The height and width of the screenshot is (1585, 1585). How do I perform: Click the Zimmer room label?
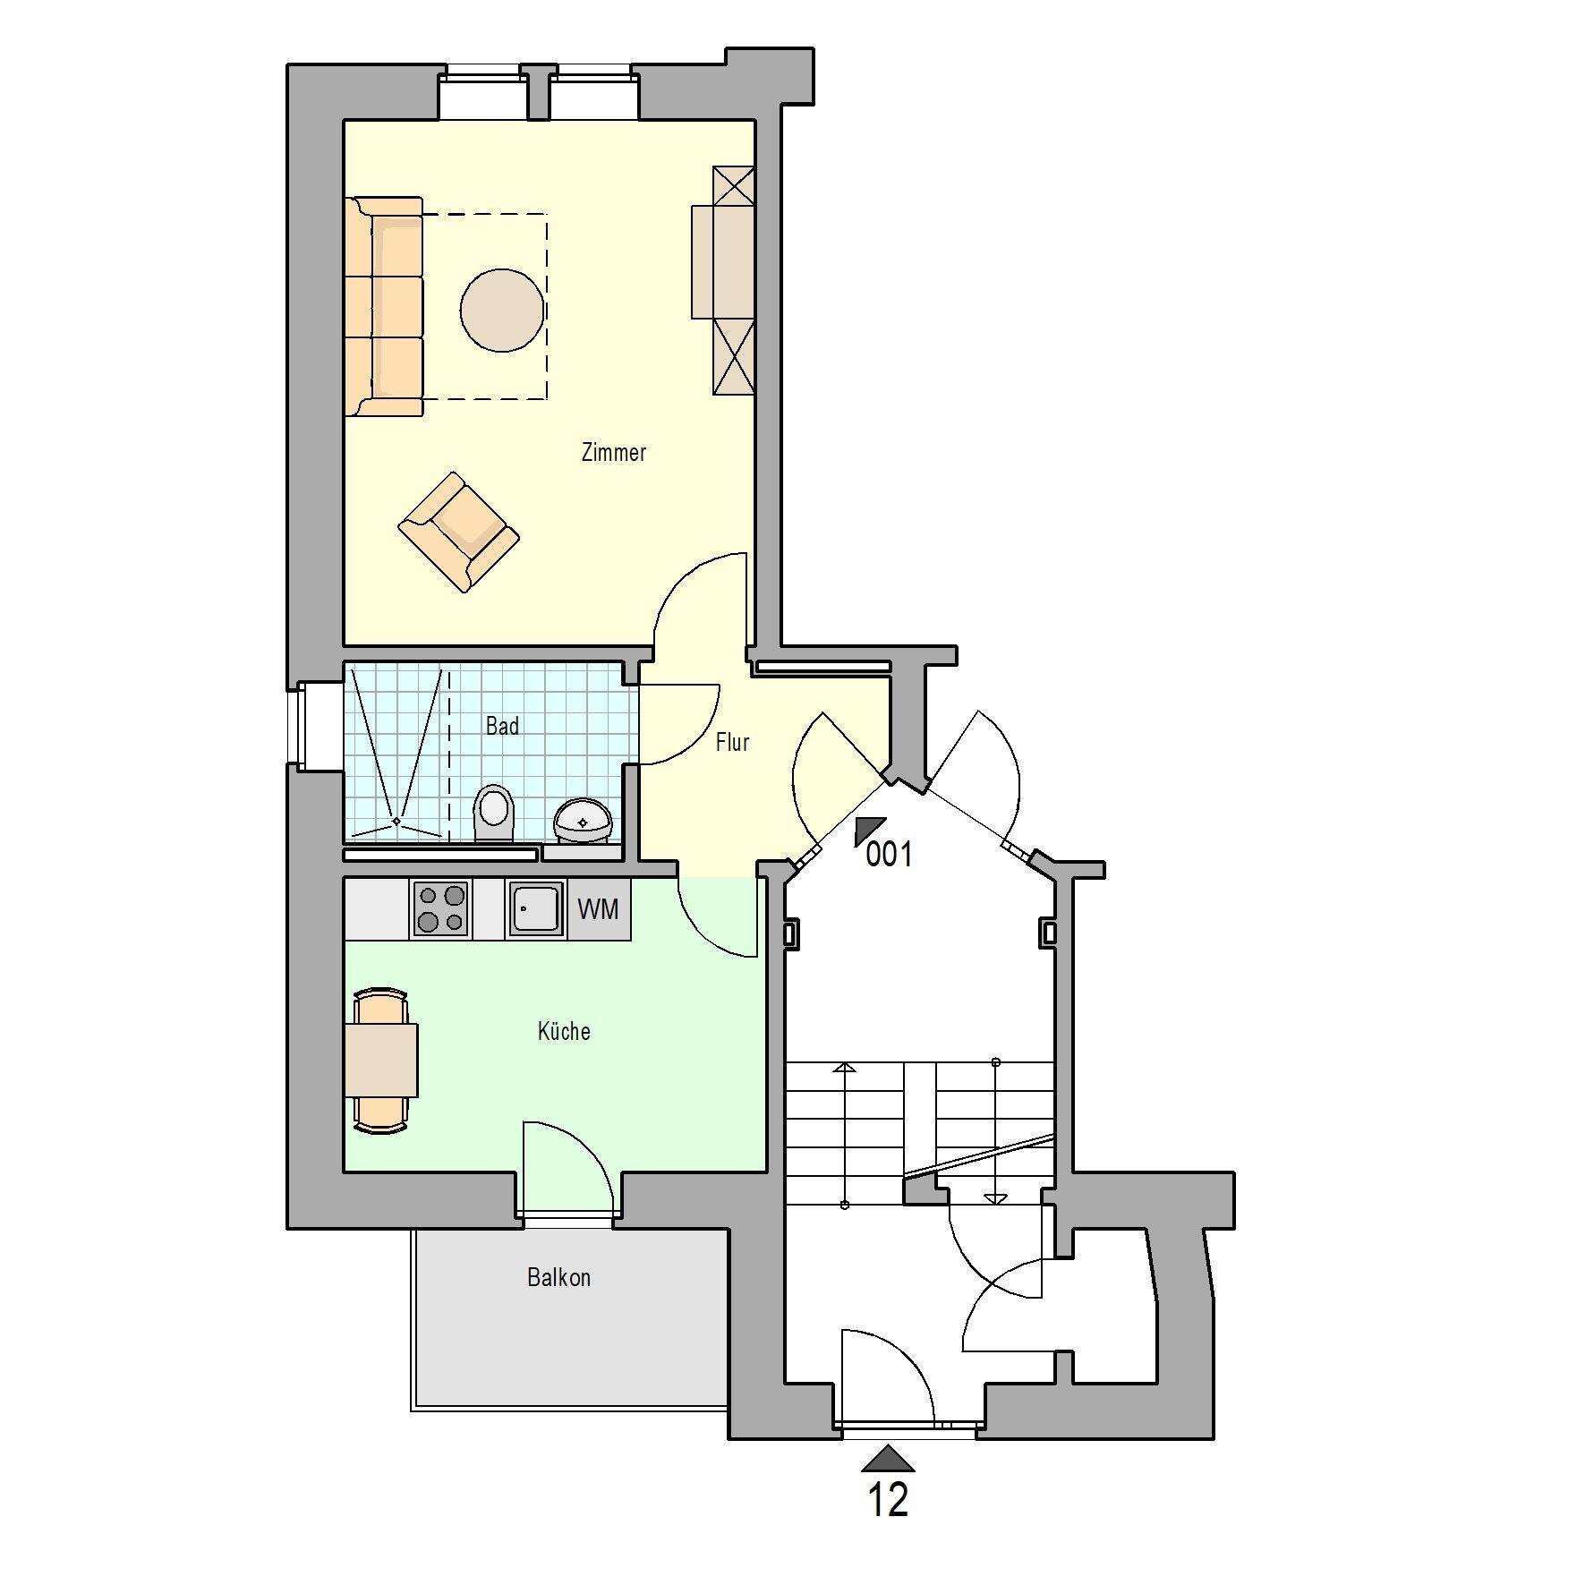[613, 453]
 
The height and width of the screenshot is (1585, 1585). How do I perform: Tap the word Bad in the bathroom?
[502, 726]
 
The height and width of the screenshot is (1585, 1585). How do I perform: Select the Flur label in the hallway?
[732, 742]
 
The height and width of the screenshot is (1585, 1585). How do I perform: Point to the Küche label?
[564, 1032]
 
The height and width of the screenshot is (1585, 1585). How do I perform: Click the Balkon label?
[558, 1278]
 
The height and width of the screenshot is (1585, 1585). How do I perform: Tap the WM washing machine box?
[598, 909]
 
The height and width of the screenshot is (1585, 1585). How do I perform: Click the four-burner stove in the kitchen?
[441, 908]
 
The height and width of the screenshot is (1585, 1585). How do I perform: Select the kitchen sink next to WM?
[536, 908]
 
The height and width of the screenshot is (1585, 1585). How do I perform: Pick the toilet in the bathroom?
[492, 811]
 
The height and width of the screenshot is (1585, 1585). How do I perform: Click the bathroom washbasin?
[583, 820]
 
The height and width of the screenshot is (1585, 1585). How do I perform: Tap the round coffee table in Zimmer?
[502, 311]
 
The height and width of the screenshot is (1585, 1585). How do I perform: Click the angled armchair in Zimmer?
[458, 532]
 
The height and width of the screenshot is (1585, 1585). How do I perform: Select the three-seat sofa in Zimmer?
[384, 307]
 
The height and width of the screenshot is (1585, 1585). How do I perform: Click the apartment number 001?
[889, 855]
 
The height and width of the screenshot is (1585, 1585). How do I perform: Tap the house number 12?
[888, 1500]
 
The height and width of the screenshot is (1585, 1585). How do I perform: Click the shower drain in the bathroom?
[396, 821]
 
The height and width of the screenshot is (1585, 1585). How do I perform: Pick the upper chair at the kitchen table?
[381, 1005]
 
